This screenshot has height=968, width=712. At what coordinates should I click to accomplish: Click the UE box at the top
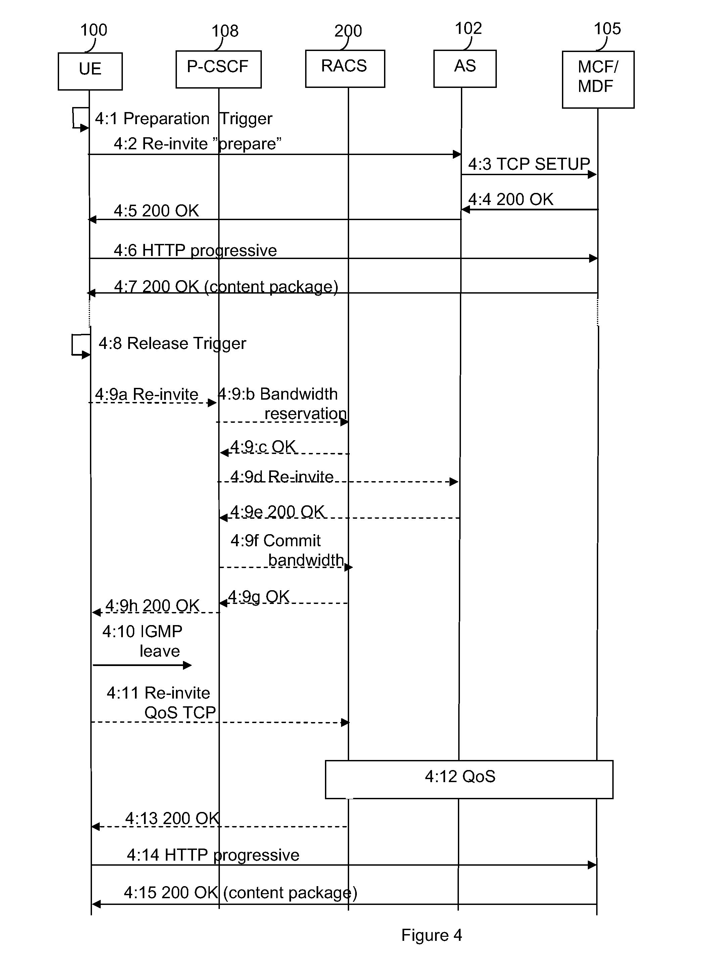pyautogui.click(x=90, y=71)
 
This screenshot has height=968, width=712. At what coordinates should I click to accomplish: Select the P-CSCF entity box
pyautogui.click(x=218, y=69)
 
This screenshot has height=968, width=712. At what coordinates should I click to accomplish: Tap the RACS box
pyautogui.click(x=344, y=68)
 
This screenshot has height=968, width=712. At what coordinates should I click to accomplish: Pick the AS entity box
pyautogui.click(x=465, y=68)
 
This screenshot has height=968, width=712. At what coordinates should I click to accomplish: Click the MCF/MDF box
pyautogui.click(x=598, y=79)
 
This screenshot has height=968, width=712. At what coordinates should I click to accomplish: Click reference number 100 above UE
pyautogui.click(x=94, y=30)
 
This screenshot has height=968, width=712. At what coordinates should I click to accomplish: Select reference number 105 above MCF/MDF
pyautogui.click(x=607, y=29)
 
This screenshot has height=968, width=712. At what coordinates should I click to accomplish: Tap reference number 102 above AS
pyautogui.click(x=468, y=29)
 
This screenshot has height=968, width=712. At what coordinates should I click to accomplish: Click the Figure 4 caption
pyautogui.click(x=431, y=935)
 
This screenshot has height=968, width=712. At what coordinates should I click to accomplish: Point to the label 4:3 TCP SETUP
pyautogui.click(x=529, y=164)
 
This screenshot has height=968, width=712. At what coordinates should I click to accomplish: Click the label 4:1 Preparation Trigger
pyautogui.click(x=184, y=118)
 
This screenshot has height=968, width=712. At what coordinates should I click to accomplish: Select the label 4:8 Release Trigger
pyautogui.click(x=173, y=343)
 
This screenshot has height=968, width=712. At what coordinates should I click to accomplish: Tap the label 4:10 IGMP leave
pyautogui.click(x=142, y=641)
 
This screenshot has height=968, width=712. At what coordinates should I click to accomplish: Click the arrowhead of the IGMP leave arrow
pyautogui.click(x=187, y=665)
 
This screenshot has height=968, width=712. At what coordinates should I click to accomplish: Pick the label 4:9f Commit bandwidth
pyautogui.click(x=287, y=550)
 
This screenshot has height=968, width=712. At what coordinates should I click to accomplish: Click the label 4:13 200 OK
pyautogui.click(x=173, y=818)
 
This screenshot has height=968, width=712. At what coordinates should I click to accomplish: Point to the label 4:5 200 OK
pyautogui.click(x=156, y=211)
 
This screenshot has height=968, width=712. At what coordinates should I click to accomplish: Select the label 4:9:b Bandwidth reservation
pyautogui.click(x=282, y=404)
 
